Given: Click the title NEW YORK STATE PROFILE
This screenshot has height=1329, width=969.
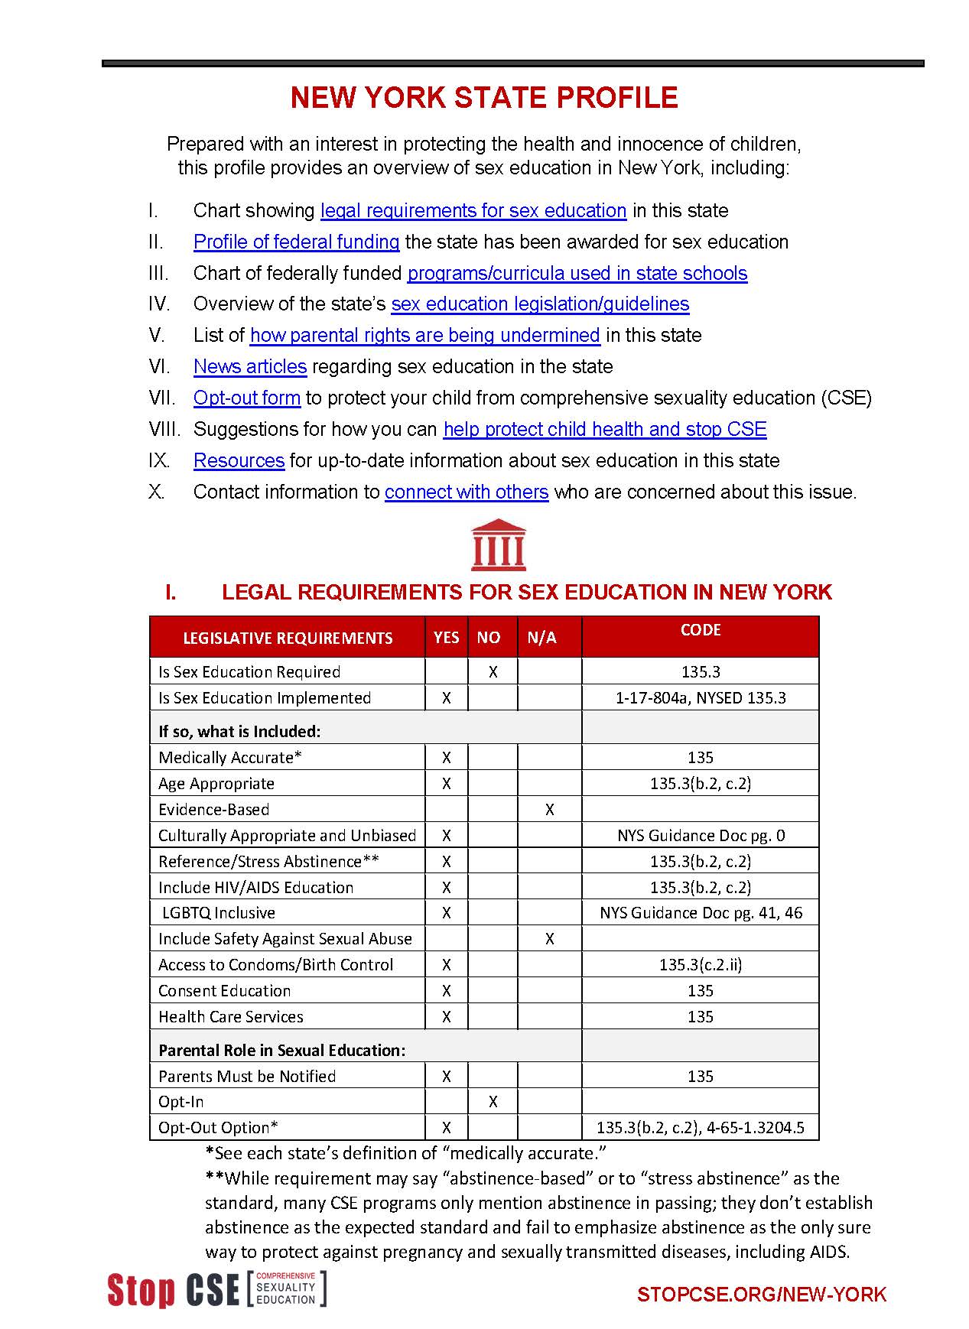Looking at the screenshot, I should click(484, 98).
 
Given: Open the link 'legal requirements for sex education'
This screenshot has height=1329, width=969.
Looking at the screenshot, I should click(473, 211).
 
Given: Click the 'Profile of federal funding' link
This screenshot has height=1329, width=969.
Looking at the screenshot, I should click(296, 242).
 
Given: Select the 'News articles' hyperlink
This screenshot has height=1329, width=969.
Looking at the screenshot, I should click(250, 367).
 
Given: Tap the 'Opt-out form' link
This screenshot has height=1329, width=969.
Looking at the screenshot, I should click(246, 398).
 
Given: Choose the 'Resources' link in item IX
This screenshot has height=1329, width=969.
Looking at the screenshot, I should click(239, 461).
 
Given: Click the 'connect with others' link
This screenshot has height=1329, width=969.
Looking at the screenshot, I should click(467, 492).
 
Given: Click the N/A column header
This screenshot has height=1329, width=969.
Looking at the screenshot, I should click(541, 638).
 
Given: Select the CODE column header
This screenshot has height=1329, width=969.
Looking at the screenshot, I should click(700, 630).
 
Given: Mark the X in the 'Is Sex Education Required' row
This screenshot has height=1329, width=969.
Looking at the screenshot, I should click(493, 672).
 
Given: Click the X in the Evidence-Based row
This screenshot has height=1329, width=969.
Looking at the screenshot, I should click(549, 810).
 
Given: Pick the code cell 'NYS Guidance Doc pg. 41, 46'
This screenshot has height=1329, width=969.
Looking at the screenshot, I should click(701, 913).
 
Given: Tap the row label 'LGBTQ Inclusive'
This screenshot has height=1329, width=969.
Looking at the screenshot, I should click(218, 913).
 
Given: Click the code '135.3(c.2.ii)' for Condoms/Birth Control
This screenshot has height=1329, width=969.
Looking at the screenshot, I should click(701, 965).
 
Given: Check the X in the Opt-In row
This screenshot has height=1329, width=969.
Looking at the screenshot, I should click(493, 1102).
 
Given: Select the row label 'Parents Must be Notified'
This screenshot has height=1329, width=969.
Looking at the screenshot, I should click(247, 1077).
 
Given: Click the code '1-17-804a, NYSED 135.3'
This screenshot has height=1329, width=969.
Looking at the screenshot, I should click(701, 698).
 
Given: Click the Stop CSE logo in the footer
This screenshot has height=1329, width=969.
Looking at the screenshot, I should click(216, 1289).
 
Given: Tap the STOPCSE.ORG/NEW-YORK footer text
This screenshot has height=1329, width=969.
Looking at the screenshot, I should click(761, 1295).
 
